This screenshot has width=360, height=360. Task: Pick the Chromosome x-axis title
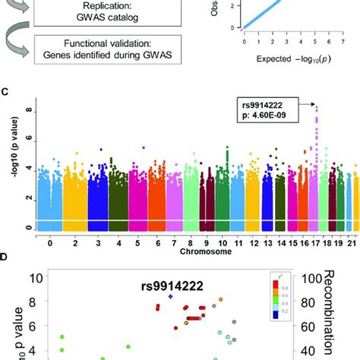click(x=179, y=247)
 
